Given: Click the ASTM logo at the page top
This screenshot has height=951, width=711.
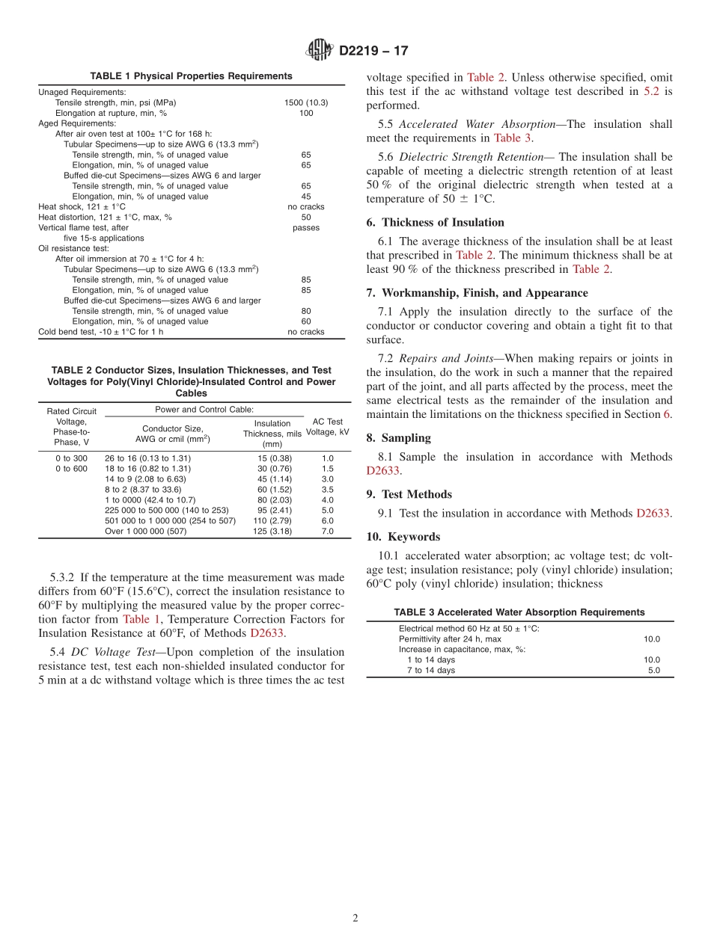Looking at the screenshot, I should tap(320, 51).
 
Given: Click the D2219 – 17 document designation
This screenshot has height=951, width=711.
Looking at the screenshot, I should tap(373, 52).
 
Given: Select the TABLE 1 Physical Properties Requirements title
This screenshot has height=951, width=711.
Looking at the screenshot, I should tap(191, 76).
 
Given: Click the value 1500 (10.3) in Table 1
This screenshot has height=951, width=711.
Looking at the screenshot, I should tap(306, 102).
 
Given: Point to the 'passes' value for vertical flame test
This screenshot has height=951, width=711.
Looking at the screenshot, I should tap(306, 227).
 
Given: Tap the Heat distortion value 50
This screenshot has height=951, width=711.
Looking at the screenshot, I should tap(306, 217).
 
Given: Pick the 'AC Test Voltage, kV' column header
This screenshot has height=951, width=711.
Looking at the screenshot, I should tap(328, 427).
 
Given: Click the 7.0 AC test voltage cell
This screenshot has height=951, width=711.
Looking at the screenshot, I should tap(328, 531).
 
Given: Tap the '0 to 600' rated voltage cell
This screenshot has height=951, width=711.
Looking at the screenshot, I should tap(71, 469).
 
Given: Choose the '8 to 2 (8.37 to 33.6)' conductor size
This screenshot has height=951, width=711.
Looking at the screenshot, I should tap(143, 490).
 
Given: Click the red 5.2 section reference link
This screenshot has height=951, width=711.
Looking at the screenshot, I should tap(652, 92).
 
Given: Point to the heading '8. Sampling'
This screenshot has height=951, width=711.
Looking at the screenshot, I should tap(398, 438).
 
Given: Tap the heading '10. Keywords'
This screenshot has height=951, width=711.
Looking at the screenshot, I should tap(403, 537).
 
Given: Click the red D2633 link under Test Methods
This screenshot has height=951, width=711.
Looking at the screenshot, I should tap(653, 513).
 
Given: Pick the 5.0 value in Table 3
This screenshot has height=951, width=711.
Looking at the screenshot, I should tap(653, 671).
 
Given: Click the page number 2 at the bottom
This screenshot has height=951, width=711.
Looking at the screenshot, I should tap(355, 918).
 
